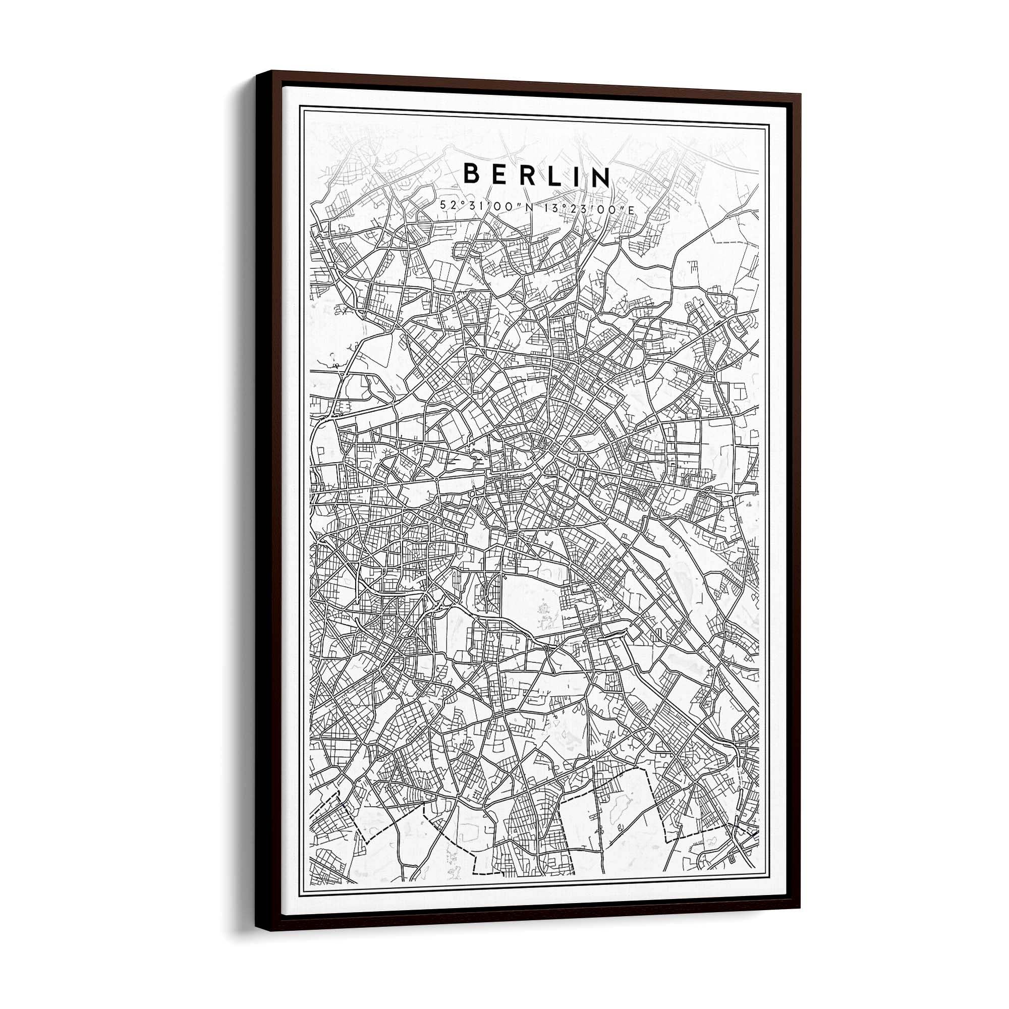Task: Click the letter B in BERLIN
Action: coord(472,174)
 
